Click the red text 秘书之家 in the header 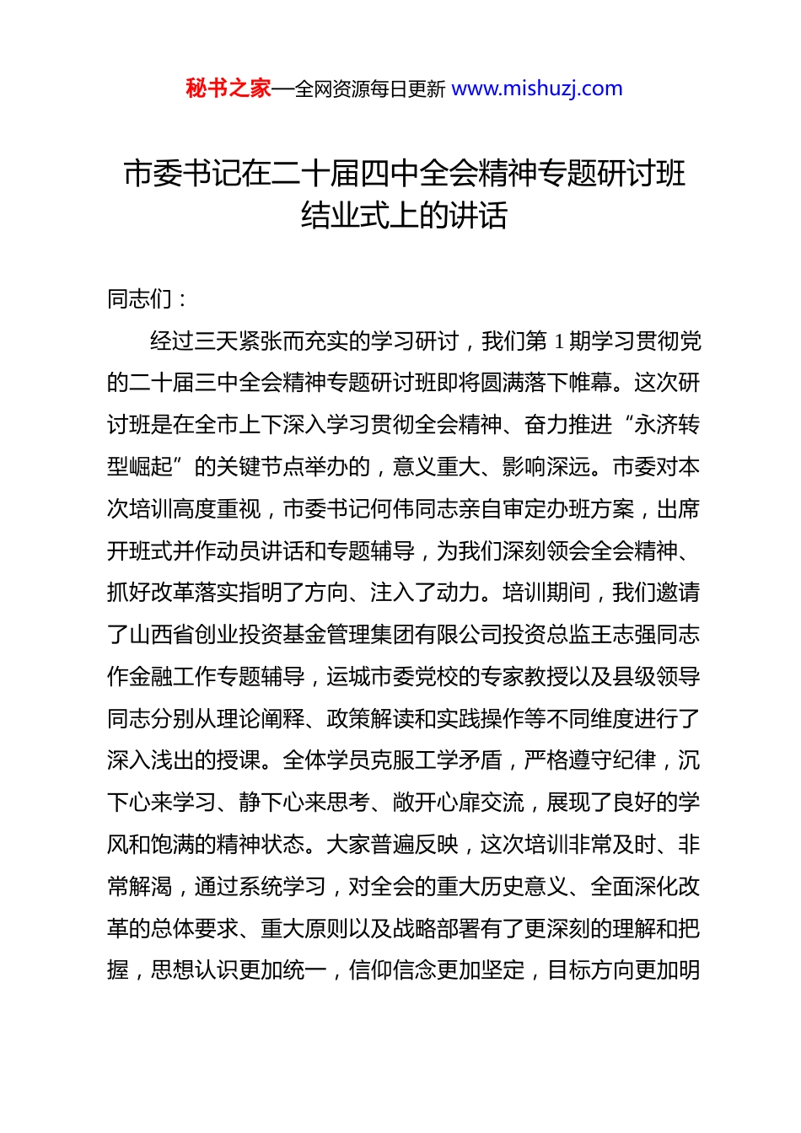click(228, 89)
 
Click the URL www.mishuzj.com click(537, 89)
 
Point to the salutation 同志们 click(140, 298)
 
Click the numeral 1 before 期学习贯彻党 click(558, 341)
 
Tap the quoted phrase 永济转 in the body click(666, 425)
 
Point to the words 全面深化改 click(644, 887)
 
